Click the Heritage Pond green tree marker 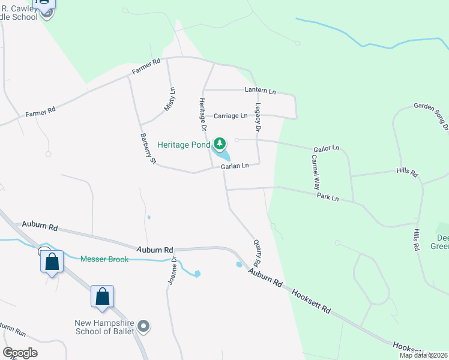coord(220,144)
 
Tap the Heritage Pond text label coord(184,145)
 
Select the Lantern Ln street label coord(260,91)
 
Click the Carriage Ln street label coord(231,115)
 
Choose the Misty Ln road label coord(170,99)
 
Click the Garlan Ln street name coord(235,166)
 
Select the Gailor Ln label coord(327,148)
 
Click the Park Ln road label coord(328,197)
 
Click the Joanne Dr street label coord(173,270)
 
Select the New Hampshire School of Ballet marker coord(143,327)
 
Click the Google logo coord(20,353)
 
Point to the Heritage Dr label coord(202,115)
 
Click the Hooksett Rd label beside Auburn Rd coord(311,302)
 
